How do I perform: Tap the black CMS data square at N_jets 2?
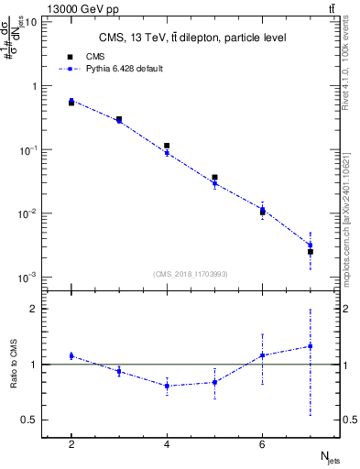pos(71,103)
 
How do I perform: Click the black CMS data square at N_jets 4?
pos(167,146)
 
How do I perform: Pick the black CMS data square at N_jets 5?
pos(214,178)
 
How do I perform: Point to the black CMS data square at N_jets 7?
pos(311,251)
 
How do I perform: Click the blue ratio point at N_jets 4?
pos(167,386)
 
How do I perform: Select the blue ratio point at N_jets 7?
pos(311,346)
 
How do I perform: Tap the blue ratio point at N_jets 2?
pos(71,355)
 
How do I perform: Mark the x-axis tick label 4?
pos(167,444)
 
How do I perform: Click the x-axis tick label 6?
pos(262,444)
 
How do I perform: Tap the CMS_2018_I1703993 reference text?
pos(191,273)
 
